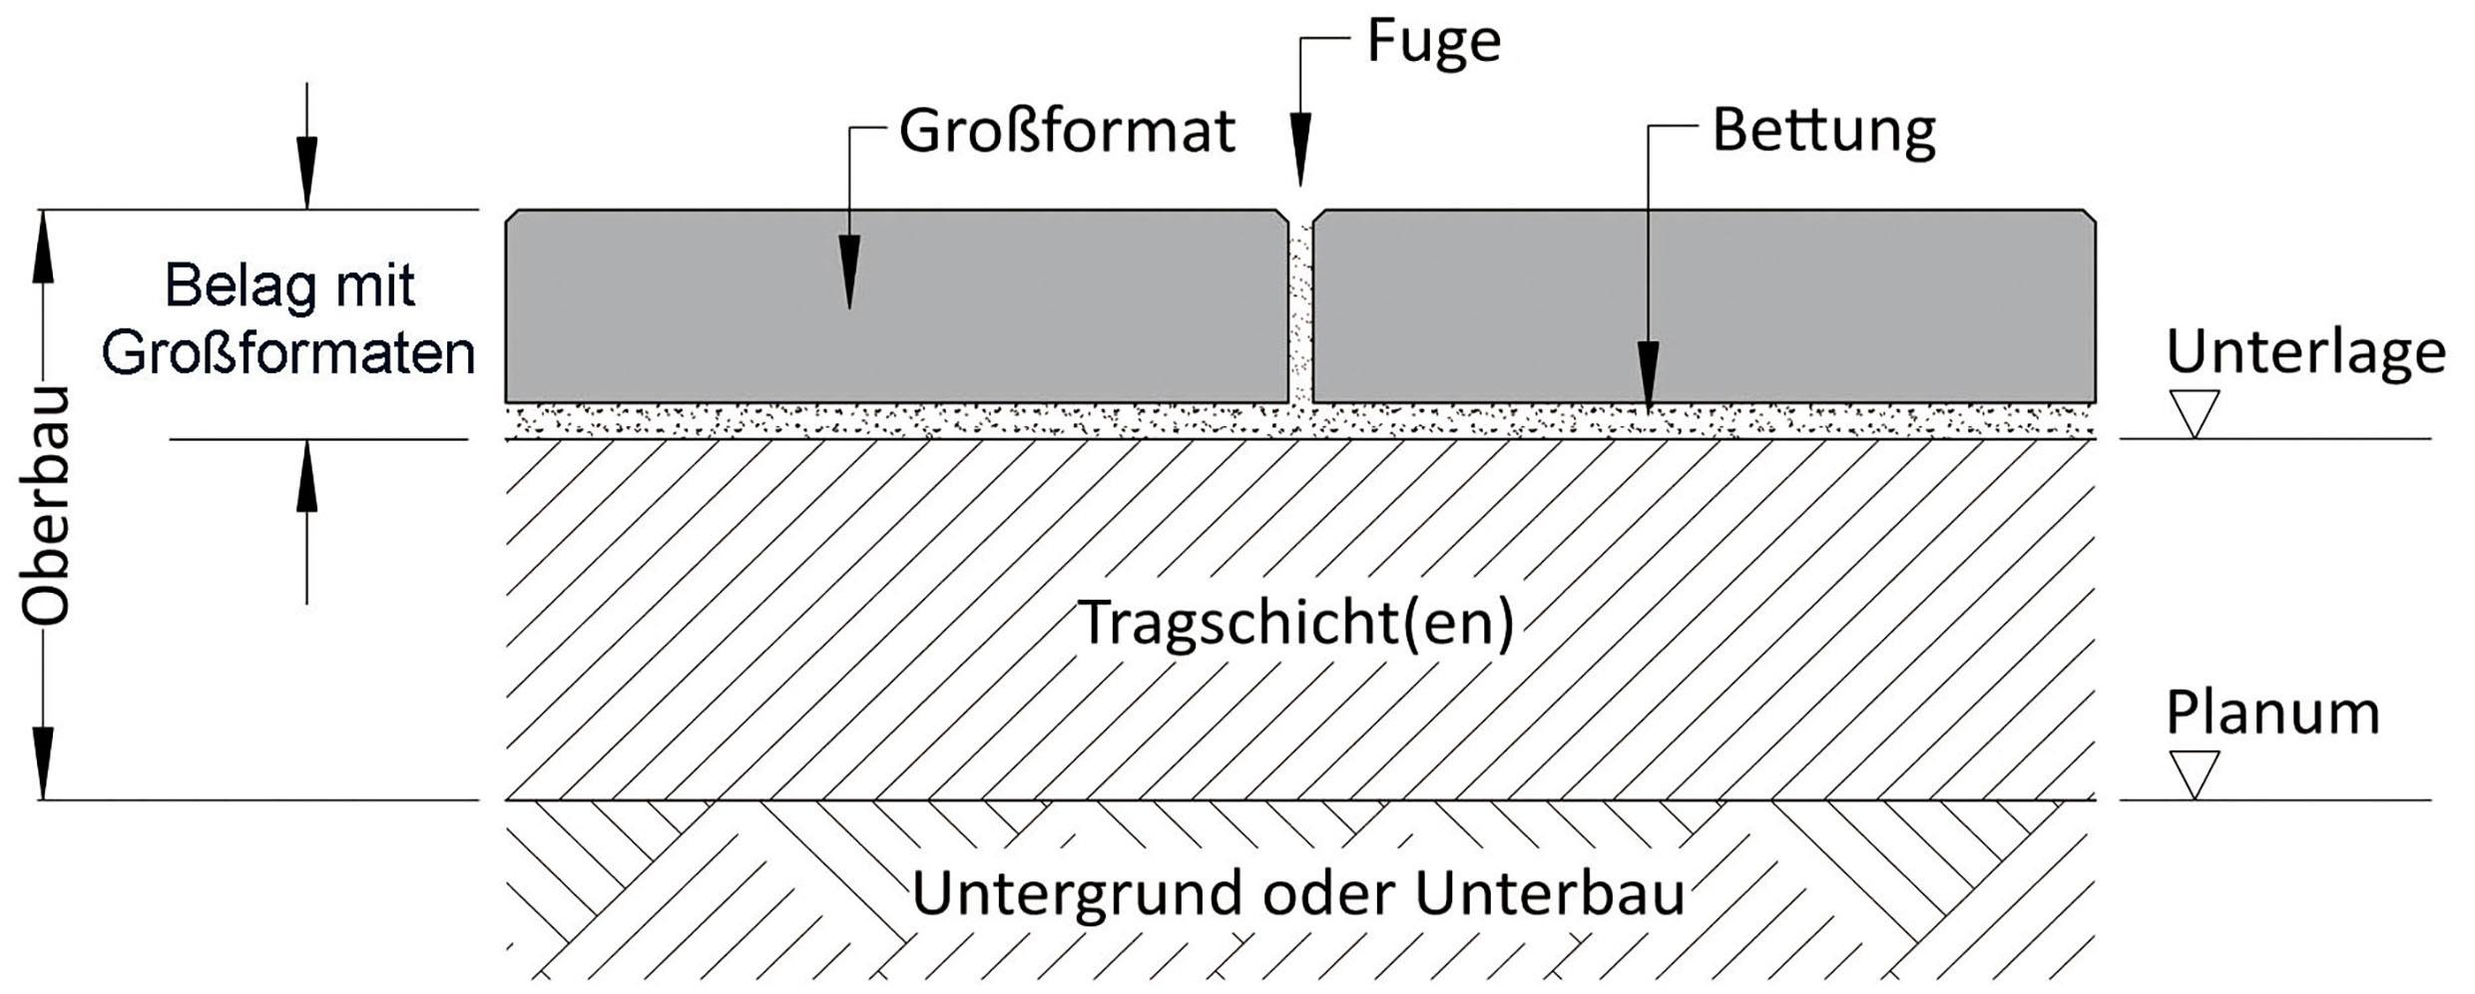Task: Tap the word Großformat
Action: tap(1067, 133)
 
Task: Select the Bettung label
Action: tap(1823, 133)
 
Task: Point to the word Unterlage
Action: tap(2304, 352)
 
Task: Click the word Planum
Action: tap(2272, 714)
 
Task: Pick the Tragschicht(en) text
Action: tap(1296, 623)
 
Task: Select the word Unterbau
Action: tap(1550, 893)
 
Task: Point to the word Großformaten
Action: tap(288, 353)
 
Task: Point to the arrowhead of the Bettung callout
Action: tap(1648, 375)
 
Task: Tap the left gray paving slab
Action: tap(896, 306)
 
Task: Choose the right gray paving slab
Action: tap(1703, 306)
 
